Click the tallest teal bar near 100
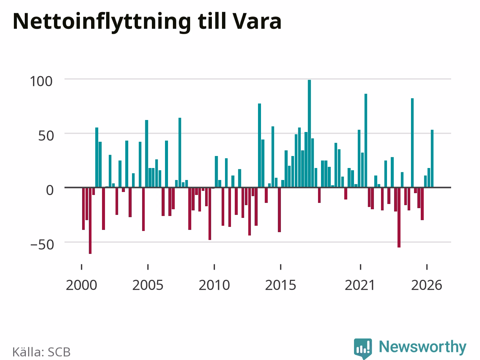tap(309, 133)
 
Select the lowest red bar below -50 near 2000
tap(90, 220)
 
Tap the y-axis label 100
tap(41, 81)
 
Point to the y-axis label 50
tap(46, 136)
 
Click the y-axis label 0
tap(50, 190)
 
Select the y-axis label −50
tap(42, 245)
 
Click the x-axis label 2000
tap(81, 285)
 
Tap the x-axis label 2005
tap(148, 285)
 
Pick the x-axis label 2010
tap(214, 285)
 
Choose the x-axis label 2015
tap(280, 285)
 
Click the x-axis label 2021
tap(360, 285)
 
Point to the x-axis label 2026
tap(427, 285)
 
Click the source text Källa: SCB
tap(41, 352)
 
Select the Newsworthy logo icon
tap(363, 348)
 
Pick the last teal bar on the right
tap(432, 159)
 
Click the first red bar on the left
tap(83, 208)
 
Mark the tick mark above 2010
tap(214, 267)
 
